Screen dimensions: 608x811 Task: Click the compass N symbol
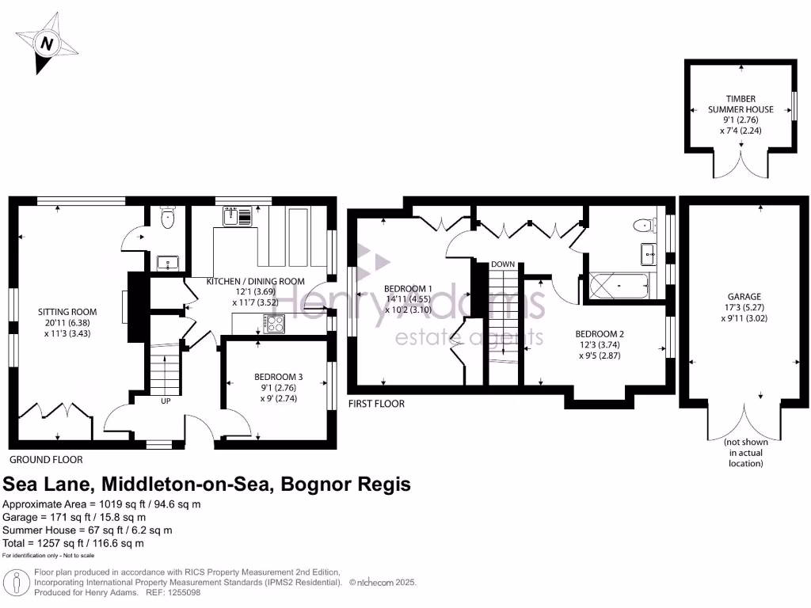click(47, 44)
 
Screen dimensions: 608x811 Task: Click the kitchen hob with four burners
click(274, 323)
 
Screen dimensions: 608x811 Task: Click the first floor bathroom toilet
click(644, 225)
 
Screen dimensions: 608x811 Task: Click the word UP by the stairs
click(166, 401)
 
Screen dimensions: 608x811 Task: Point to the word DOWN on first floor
click(503, 264)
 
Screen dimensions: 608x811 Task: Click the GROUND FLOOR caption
click(46, 459)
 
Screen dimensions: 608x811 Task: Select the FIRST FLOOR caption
click(376, 404)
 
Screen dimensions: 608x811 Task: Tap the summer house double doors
click(741, 165)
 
